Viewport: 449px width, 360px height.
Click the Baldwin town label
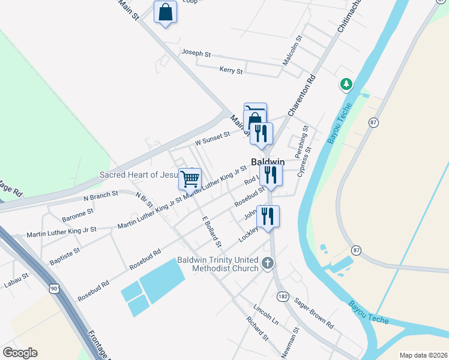point(267,162)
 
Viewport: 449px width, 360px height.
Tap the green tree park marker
point(346,85)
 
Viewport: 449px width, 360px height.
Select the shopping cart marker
point(190,178)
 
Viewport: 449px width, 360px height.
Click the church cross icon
point(268,263)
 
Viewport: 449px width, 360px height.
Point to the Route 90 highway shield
point(55,289)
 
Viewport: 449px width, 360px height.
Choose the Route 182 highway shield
point(283,296)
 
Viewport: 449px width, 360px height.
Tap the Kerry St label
point(231,71)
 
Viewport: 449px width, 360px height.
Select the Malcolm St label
point(293,50)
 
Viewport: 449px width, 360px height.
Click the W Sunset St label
point(212,139)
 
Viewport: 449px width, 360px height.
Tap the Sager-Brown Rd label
point(315,316)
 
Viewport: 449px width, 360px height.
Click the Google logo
point(20,353)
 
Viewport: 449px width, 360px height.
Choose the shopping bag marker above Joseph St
point(165,12)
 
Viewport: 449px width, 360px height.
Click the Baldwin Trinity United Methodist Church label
point(218,264)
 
